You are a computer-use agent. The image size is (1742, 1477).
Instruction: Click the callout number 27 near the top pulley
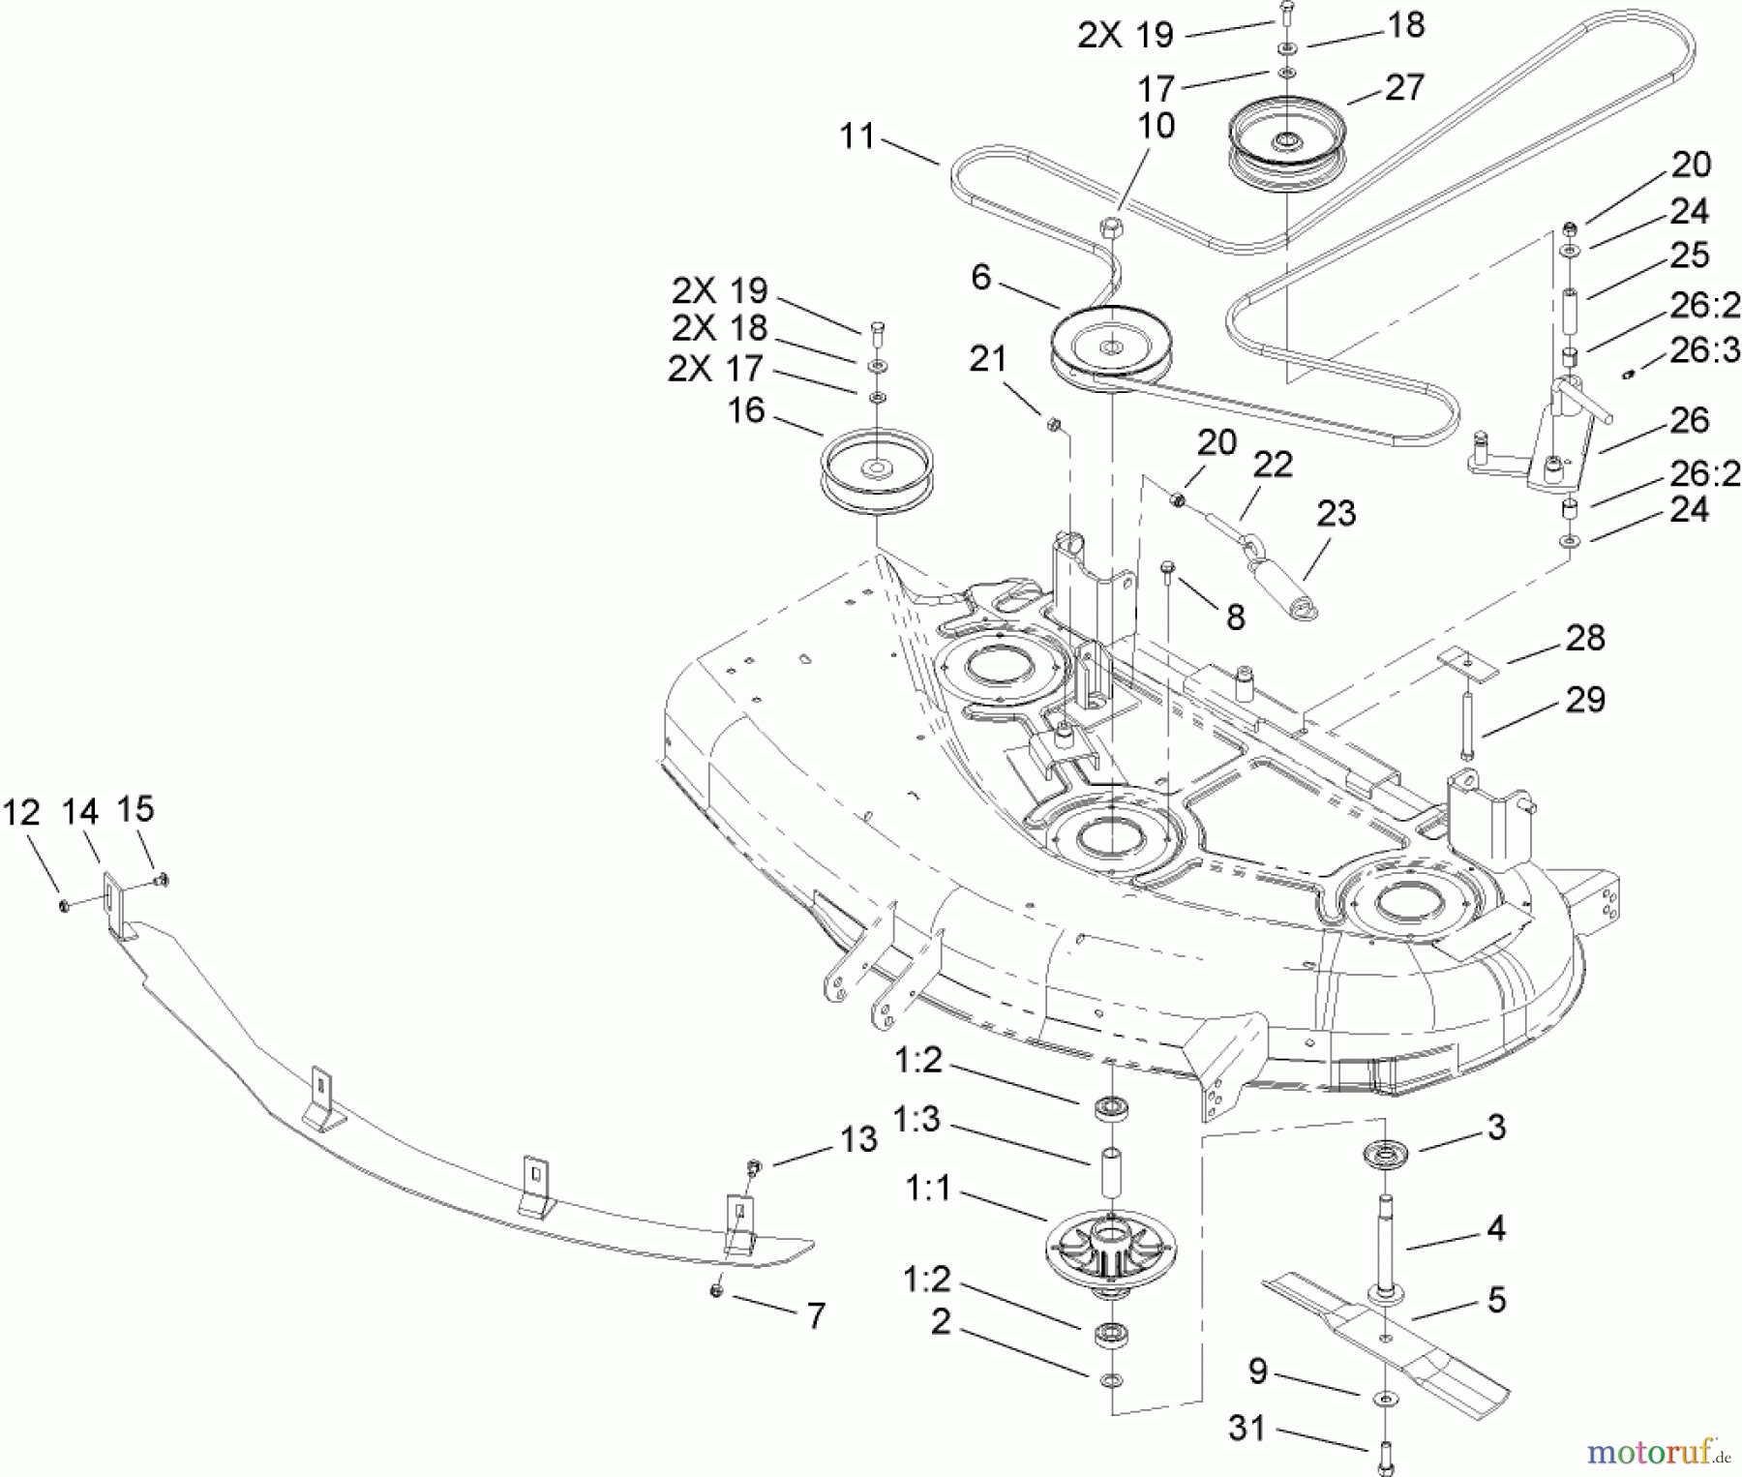[1404, 88]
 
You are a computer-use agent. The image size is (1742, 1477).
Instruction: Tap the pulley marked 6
[1111, 350]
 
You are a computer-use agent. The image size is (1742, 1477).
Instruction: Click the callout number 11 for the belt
[857, 136]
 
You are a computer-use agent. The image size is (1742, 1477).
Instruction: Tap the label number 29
[1585, 700]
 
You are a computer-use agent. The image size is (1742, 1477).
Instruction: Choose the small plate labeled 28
[1469, 661]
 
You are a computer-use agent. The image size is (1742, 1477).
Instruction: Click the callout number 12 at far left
[21, 813]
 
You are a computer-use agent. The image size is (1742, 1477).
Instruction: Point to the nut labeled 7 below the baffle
[717, 1290]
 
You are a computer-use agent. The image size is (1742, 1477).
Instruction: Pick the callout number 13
[858, 1139]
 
